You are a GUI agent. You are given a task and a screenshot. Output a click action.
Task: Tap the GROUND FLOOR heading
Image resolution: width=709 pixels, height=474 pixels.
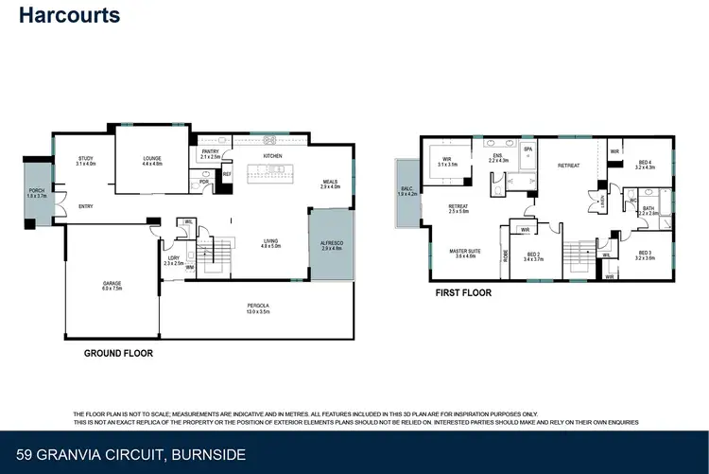click(118, 353)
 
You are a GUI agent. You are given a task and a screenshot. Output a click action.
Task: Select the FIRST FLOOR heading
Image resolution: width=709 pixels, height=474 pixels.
click(463, 293)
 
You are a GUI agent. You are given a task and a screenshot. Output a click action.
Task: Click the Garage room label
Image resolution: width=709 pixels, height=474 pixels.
click(112, 286)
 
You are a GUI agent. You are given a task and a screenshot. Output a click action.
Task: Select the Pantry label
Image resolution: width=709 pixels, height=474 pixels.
click(211, 154)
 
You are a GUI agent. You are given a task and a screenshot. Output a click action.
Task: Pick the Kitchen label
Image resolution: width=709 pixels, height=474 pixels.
click(273, 155)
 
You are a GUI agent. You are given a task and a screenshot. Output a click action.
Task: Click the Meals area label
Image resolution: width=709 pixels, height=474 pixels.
click(330, 184)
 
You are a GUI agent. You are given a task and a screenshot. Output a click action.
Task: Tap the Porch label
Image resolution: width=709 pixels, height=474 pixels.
click(37, 194)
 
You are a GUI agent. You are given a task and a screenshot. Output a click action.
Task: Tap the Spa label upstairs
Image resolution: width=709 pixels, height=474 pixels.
click(528, 149)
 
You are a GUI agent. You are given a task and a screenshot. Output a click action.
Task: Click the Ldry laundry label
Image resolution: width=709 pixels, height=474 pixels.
click(173, 260)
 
